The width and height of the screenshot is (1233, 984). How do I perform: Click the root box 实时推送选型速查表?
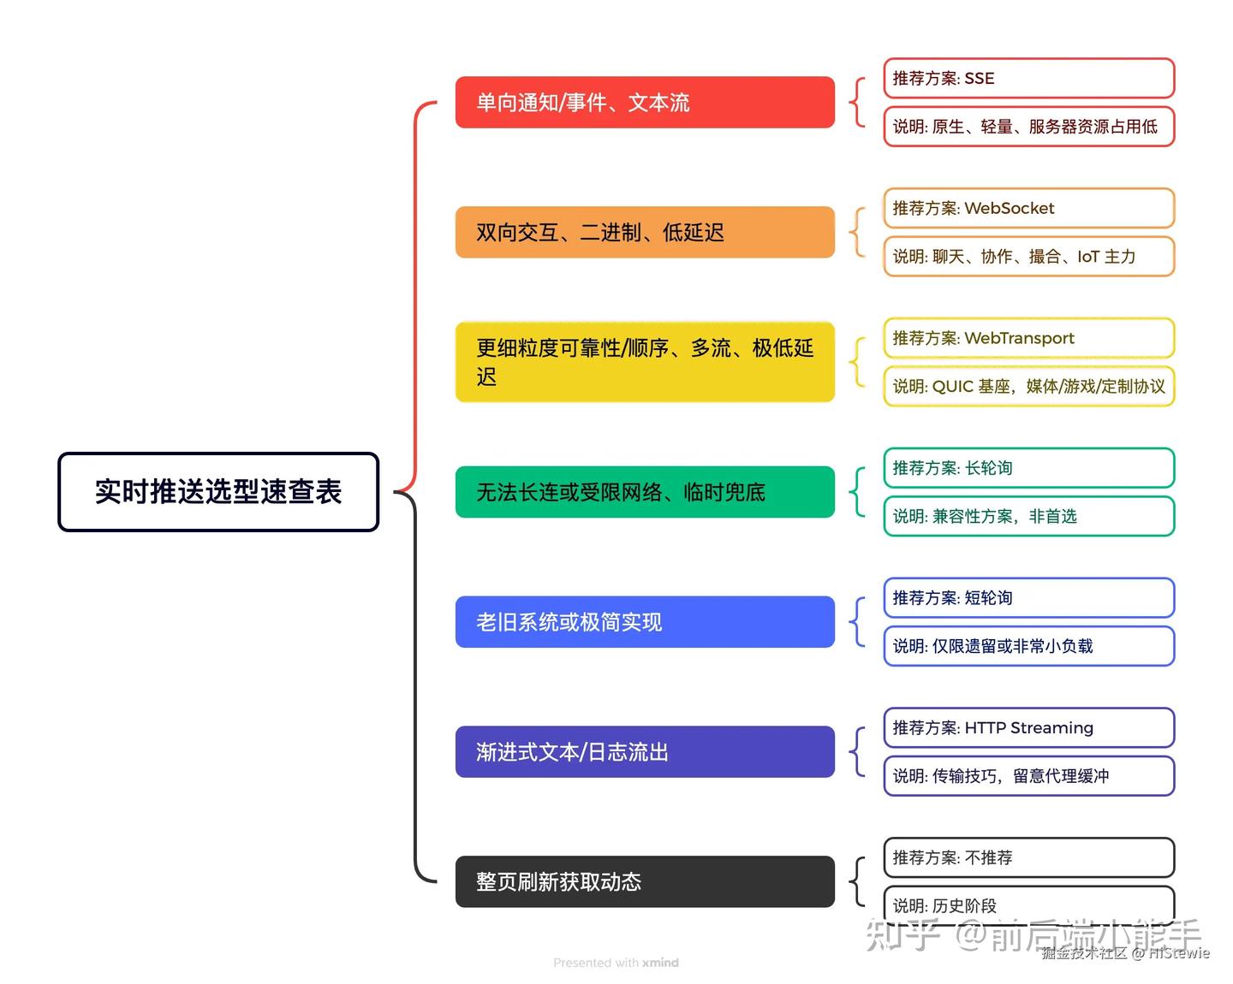pyautogui.click(x=218, y=492)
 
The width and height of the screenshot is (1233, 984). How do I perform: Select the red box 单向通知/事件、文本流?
pyautogui.click(x=645, y=103)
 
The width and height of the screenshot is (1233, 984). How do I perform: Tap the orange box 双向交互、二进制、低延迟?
pyautogui.click(x=645, y=232)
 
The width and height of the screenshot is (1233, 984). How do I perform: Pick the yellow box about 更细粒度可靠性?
pyautogui.click(x=645, y=362)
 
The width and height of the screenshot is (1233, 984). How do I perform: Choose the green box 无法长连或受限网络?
pyautogui.click(x=645, y=492)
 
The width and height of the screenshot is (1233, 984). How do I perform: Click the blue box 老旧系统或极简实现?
pyautogui.click(x=645, y=622)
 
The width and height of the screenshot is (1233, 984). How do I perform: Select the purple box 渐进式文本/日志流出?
pyautogui.click(x=645, y=751)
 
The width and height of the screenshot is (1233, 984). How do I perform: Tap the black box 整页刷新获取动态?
pyautogui.click(x=645, y=881)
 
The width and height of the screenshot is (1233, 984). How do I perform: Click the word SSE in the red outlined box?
pyautogui.click(x=980, y=79)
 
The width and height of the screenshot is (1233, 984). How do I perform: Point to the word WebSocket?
pyautogui.click(x=1009, y=209)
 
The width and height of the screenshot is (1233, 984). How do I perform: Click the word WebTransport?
pyautogui.click(x=1019, y=339)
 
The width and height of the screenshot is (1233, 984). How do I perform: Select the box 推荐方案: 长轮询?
pyautogui.click(x=1029, y=468)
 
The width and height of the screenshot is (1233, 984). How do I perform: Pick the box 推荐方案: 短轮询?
pyautogui.click(x=1029, y=598)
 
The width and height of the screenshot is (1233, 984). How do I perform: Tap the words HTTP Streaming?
pyautogui.click(x=1029, y=728)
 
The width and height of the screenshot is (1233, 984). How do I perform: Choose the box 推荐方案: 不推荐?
pyautogui.click(x=1029, y=857)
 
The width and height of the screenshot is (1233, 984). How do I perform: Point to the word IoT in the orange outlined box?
pyautogui.click(x=1088, y=257)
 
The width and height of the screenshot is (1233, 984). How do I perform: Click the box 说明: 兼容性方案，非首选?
pyautogui.click(x=1029, y=516)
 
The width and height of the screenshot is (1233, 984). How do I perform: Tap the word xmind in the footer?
pyautogui.click(x=660, y=963)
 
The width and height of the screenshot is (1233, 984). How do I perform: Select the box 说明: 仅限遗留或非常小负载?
pyautogui.click(x=1029, y=646)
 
